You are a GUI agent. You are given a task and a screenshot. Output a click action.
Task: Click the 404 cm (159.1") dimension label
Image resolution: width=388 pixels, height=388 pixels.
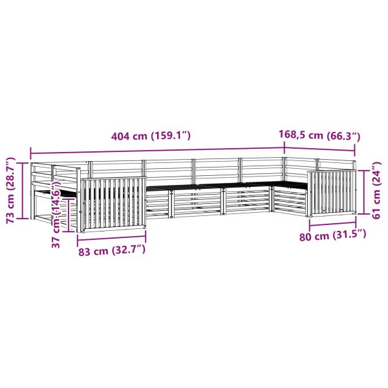pos(151,136)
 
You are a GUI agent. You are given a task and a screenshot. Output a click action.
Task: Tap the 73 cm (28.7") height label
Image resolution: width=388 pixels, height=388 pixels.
pos(10,190)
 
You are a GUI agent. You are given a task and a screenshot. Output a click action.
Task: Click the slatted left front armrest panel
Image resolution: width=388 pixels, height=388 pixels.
pos(113,202)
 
